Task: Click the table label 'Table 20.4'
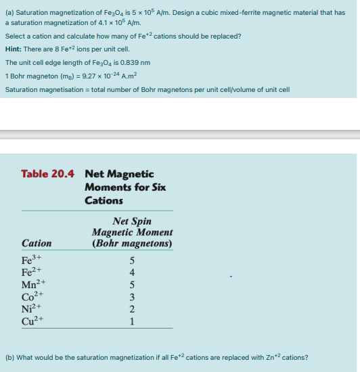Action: (49, 174)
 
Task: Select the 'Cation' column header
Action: (37, 243)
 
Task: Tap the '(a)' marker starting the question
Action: (9, 11)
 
